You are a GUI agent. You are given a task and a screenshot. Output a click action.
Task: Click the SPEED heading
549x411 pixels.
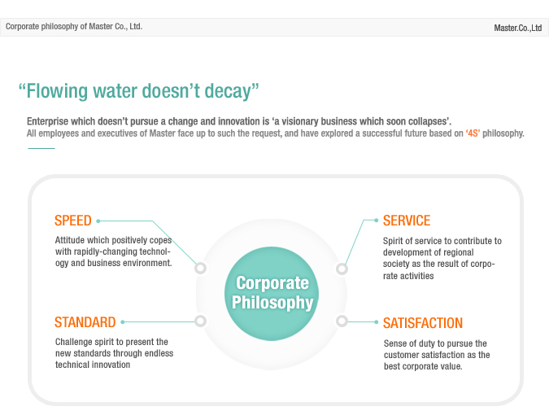(73, 221)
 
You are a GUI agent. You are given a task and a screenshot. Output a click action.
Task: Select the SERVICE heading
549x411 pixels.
(407, 221)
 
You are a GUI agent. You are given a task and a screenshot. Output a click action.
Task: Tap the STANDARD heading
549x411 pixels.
(85, 322)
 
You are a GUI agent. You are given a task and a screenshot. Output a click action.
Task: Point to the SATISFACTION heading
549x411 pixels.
(423, 323)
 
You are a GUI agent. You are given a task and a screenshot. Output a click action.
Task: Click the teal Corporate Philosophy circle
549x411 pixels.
(272, 294)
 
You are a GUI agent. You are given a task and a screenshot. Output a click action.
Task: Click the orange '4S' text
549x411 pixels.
(473, 133)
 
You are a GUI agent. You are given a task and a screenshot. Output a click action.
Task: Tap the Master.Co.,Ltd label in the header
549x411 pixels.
(518, 28)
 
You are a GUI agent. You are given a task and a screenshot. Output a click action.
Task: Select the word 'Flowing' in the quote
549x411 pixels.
(57, 91)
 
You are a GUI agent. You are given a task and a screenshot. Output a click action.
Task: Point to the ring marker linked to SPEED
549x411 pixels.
(201, 268)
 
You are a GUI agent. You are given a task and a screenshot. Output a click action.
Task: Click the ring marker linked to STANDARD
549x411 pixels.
(201, 321)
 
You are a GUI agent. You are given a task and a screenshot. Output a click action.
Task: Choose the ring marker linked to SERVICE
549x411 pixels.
(342, 269)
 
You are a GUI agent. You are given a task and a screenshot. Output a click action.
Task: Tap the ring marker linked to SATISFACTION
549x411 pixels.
(342, 321)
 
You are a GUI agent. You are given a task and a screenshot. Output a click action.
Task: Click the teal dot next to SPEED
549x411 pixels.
(98, 221)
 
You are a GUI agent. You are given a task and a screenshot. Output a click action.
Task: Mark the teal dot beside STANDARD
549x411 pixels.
(123, 322)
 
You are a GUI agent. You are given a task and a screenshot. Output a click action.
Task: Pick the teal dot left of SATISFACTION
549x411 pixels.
(376, 322)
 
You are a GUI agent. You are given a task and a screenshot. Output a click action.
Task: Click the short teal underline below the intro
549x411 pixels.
(41, 149)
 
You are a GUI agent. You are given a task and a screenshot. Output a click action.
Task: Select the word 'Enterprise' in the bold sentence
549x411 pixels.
(48, 121)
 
